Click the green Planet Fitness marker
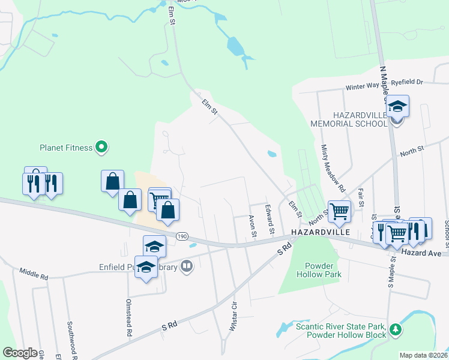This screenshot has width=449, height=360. [101, 146]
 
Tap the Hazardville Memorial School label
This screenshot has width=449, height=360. [348, 119]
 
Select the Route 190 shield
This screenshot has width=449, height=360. [181, 237]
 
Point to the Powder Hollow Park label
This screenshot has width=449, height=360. [319, 269]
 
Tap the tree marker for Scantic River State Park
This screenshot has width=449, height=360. [395, 329]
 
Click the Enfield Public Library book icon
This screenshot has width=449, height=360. [187, 266]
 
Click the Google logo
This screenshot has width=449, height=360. [20, 353]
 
